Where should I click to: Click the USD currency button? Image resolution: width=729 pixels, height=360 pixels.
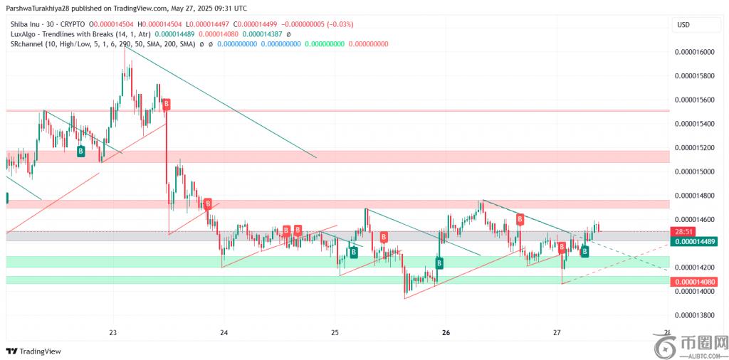683,25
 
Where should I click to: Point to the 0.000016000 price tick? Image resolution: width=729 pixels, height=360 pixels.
694,52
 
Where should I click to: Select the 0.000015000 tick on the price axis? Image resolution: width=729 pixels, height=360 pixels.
694,171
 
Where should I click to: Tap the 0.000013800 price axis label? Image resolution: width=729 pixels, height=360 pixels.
694,315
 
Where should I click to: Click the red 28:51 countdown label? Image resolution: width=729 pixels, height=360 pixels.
683,232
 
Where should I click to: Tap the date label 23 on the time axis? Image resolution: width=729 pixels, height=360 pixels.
113,332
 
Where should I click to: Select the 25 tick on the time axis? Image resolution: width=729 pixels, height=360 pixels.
335,332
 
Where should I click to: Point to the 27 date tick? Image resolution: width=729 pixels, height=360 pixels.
557,332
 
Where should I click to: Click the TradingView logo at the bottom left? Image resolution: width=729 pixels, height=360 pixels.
33,351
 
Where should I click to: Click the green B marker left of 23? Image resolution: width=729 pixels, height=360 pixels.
80,151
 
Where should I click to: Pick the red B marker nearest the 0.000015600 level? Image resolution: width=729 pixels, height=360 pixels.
166,105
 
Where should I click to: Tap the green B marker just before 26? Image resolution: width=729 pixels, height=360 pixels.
439,263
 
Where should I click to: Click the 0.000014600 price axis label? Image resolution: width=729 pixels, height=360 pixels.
694,219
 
